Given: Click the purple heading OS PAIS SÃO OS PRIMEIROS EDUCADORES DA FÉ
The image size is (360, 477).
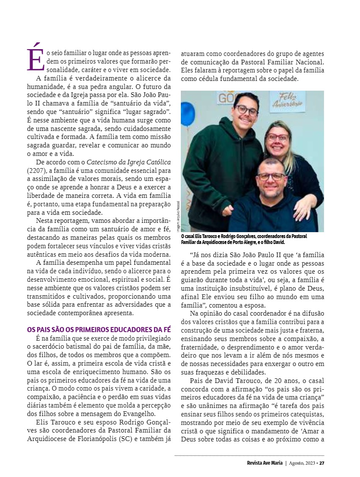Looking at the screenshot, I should click(99, 329).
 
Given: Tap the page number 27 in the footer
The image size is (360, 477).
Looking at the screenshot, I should click(322, 463).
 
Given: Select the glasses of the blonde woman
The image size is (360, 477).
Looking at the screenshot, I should click(277, 137).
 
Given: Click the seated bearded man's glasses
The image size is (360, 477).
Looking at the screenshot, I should click(271, 176).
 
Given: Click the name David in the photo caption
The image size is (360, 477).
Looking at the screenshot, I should click(278, 242).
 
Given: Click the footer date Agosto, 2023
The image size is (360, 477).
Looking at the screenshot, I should click(303, 463).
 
